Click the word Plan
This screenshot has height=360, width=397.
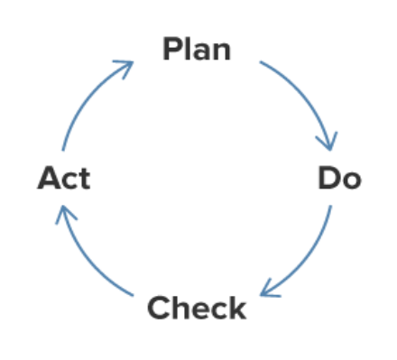tap(197, 49)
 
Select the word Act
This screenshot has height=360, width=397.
tap(64, 178)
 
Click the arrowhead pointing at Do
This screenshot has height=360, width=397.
tap(328, 142)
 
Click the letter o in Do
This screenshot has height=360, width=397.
tap(351, 180)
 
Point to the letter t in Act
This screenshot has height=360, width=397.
tap(84, 179)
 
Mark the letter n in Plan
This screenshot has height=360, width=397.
tap(221, 51)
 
